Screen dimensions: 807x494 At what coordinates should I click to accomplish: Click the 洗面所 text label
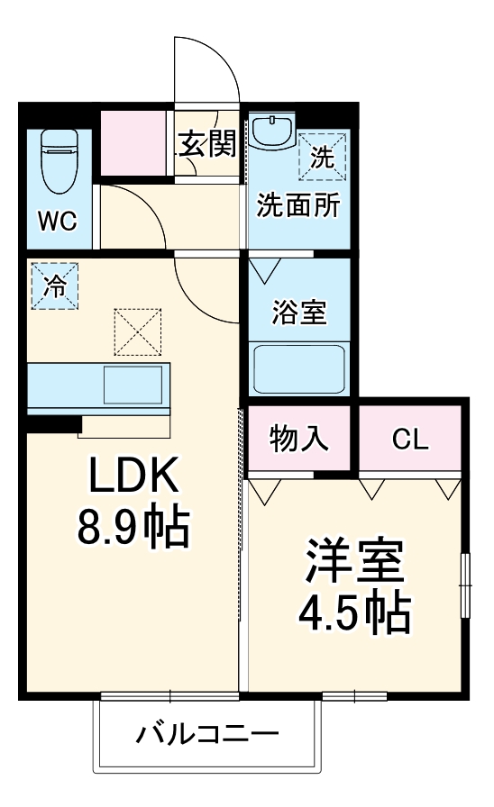coord(298,205)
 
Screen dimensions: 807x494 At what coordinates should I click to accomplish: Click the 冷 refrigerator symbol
coord(55,286)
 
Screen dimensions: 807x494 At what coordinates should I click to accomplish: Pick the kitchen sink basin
coord(135,385)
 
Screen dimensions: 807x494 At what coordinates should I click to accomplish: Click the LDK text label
coord(133,476)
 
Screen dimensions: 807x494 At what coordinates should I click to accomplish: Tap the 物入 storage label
coord(298,440)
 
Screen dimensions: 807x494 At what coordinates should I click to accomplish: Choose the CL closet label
coord(411,440)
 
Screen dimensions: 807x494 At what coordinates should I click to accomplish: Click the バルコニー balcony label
coord(207,734)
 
